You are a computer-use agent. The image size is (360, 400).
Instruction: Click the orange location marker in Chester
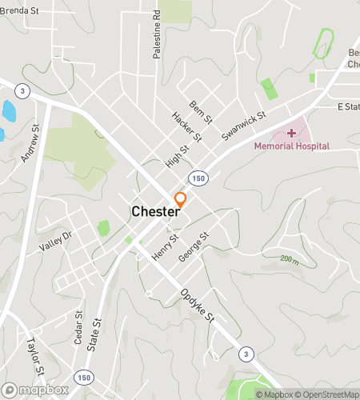click(181, 200)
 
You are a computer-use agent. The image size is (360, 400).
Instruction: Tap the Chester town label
click(154, 212)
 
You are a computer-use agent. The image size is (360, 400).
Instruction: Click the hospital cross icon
click(290, 132)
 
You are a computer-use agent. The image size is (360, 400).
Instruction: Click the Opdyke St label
click(198, 306)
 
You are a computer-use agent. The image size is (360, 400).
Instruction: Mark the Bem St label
click(202, 113)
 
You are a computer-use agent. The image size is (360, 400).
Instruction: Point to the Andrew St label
click(30, 144)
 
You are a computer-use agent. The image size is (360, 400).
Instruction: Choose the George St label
click(194, 247)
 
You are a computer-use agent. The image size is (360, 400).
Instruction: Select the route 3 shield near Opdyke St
click(246, 353)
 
